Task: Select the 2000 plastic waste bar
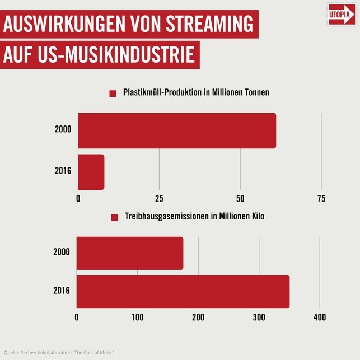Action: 176,130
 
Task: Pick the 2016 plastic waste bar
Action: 91,172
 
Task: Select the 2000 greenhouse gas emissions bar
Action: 129,253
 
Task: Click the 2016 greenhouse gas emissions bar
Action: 183,292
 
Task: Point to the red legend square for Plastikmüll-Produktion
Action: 113,93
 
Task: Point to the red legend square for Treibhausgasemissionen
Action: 114,217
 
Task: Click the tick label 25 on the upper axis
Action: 159,199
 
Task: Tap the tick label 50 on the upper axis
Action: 240,199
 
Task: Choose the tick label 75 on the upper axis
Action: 321,199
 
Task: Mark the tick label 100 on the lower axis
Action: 137,317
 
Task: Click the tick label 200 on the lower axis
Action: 198,317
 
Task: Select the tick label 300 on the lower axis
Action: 259,317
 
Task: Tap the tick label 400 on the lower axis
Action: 319,317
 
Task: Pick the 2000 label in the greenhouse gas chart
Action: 61,252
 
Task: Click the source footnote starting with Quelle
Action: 59,352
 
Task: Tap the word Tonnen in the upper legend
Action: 255,93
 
